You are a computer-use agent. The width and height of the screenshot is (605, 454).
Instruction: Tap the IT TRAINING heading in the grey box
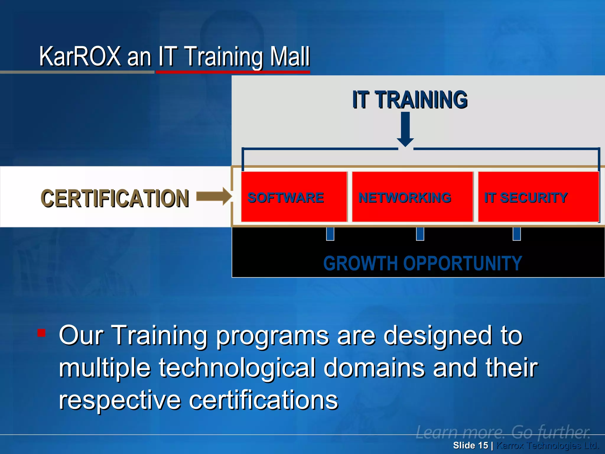coord(410,100)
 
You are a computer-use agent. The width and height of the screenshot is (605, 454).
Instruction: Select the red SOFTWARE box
coord(294,197)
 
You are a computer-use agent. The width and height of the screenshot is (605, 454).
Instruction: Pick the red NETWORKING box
coord(412,197)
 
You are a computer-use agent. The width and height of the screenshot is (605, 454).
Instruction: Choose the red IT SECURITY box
coord(538,197)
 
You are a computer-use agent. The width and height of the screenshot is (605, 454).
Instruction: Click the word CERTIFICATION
coord(115,198)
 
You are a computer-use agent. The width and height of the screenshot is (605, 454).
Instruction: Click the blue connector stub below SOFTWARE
coord(330,234)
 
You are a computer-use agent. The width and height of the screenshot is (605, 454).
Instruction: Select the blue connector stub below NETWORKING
coord(420,234)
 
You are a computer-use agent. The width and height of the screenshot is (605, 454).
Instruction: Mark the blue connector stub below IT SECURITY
coord(517,234)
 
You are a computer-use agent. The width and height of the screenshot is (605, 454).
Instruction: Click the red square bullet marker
coord(41,333)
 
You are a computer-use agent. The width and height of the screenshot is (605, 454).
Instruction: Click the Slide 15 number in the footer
coord(470,445)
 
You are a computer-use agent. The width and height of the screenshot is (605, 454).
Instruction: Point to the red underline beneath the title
coord(233,72)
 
